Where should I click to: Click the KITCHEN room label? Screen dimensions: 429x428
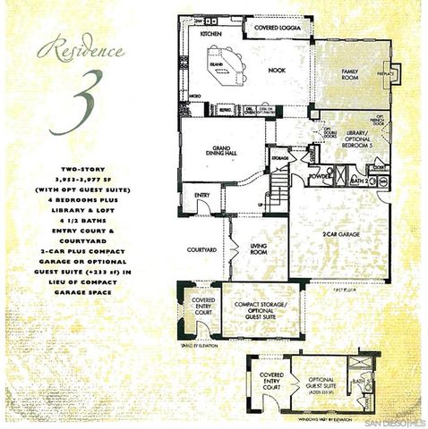point(210,33)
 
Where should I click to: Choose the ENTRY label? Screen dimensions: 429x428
point(201,197)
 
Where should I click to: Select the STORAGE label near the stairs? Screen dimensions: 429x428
point(279,158)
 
